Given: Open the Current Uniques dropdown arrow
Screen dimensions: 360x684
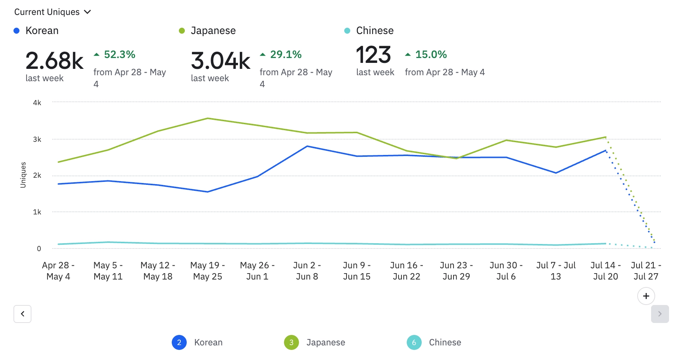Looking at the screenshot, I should coord(88,12).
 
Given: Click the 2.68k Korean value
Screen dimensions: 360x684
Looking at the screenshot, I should coord(55,61).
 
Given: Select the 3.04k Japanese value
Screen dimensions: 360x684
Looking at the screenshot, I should coord(220,61).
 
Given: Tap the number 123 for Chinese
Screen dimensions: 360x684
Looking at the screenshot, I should coord(373,55).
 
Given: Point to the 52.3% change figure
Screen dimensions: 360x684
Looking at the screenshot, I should coord(119,55).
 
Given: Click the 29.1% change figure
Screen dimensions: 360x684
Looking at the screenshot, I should coord(285,55).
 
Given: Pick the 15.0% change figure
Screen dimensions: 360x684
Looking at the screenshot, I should coord(431,55).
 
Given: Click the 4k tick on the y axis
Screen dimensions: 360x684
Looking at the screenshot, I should coord(37,103).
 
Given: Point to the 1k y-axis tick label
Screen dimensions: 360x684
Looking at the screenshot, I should coord(37,212).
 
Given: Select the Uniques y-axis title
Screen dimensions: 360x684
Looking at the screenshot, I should coord(23,175).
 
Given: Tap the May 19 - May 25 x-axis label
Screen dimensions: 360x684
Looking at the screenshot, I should coord(207,271).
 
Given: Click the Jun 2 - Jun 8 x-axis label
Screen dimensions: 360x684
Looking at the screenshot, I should coord(307,271).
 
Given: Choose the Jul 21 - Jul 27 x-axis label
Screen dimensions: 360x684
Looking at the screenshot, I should coord(646,271).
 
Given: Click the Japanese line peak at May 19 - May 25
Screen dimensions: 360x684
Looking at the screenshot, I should coord(208,119).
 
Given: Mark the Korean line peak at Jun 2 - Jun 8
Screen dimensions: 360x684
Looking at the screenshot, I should coord(307,146).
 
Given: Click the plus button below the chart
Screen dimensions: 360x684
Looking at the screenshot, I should coord(646,296).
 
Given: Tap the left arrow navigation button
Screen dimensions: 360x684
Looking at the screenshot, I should coord(22,314).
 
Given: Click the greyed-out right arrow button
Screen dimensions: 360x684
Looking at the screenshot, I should coord(660,314).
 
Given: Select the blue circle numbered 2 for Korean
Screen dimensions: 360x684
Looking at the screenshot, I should coord(179,342).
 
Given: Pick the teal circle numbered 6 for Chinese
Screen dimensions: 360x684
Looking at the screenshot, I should coord(414,342).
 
